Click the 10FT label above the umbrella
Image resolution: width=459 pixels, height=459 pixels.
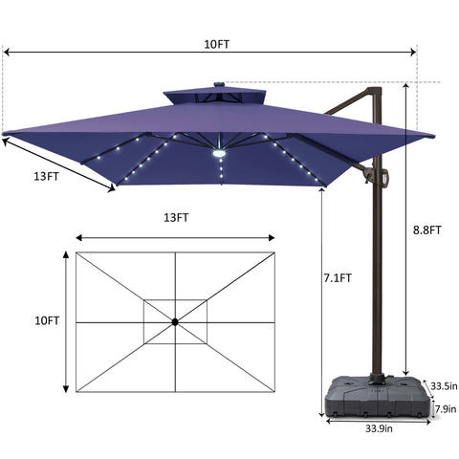click(217, 44)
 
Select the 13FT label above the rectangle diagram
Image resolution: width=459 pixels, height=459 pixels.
click(175, 218)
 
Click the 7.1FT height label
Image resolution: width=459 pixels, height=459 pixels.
click(338, 279)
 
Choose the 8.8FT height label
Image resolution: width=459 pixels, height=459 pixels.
click(427, 229)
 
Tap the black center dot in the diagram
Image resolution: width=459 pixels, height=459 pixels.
click(175, 322)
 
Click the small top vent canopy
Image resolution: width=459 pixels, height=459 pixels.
click(212, 98)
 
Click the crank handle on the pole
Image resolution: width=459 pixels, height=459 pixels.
click(384, 178)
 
